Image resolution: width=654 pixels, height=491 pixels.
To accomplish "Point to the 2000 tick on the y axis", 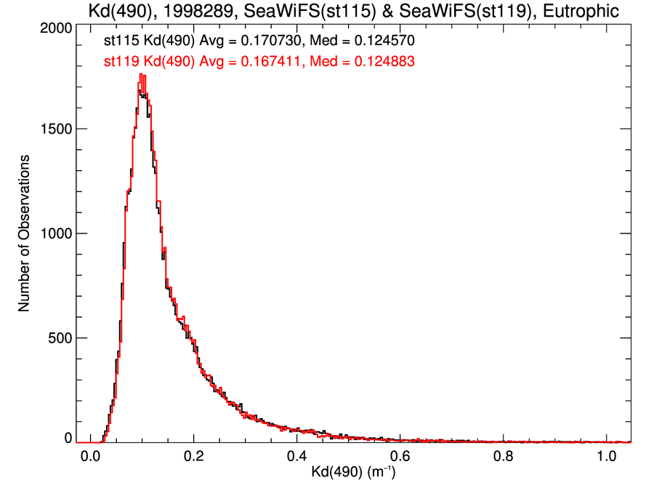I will [54, 27].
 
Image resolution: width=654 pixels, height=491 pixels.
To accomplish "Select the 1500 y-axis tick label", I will [54, 129].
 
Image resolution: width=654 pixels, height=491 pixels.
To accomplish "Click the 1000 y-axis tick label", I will [54, 233].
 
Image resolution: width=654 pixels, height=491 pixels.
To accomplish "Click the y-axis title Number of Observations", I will [24, 233].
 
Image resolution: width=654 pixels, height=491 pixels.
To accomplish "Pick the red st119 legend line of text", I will [259, 62].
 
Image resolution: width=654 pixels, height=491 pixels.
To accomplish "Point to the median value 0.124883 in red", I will [384, 62].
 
